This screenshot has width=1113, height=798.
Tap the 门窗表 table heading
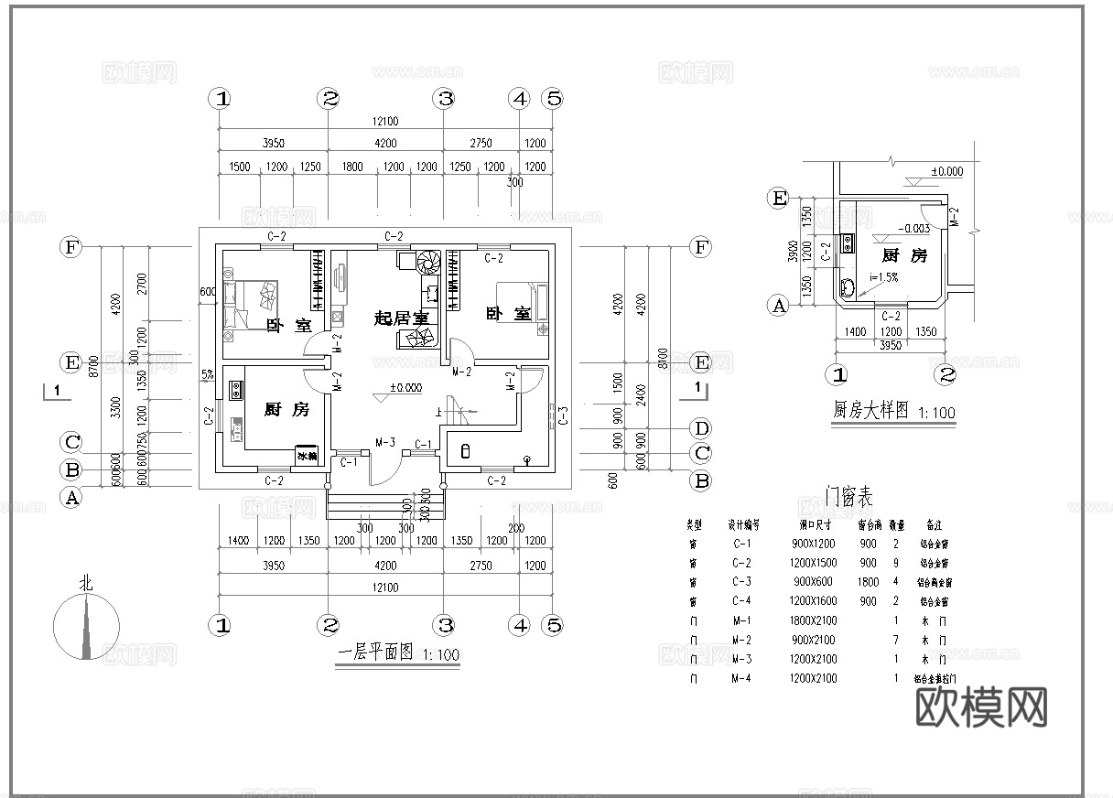point(848,499)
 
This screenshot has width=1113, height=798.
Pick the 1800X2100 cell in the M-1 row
point(813,620)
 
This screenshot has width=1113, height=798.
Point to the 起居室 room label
point(401,318)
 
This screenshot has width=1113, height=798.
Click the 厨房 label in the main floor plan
point(286,410)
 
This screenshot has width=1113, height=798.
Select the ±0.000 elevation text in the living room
point(405,388)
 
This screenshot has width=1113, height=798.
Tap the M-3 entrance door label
point(384,444)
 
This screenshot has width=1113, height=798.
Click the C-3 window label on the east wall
point(564,415)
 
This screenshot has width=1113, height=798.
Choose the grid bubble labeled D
point(701,428)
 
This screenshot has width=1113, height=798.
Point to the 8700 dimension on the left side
point(93,366)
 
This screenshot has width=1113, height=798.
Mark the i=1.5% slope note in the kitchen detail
point(884,277)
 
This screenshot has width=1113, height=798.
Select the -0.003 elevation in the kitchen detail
point(913,230)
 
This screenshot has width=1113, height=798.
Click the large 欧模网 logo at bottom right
point(981,706)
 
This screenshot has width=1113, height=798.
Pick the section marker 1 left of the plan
point(58,391)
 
